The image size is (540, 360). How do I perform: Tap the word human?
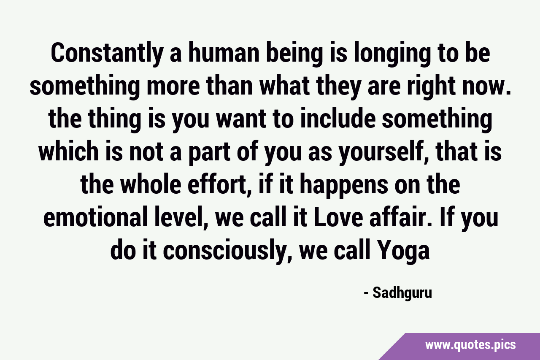(x=224, y=52)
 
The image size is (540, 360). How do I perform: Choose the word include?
(x=338, y=119)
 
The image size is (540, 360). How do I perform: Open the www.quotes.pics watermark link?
(x=470, y=345)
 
